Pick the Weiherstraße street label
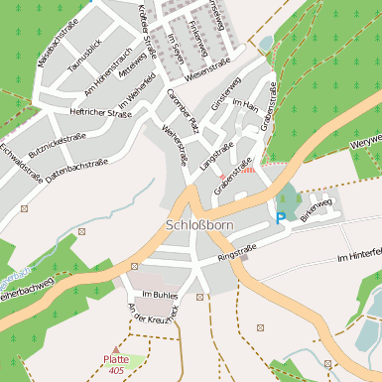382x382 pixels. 175,143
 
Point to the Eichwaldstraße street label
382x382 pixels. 20,163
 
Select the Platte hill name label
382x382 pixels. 116,359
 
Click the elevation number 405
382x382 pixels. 117,370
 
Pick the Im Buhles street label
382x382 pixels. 159,296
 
